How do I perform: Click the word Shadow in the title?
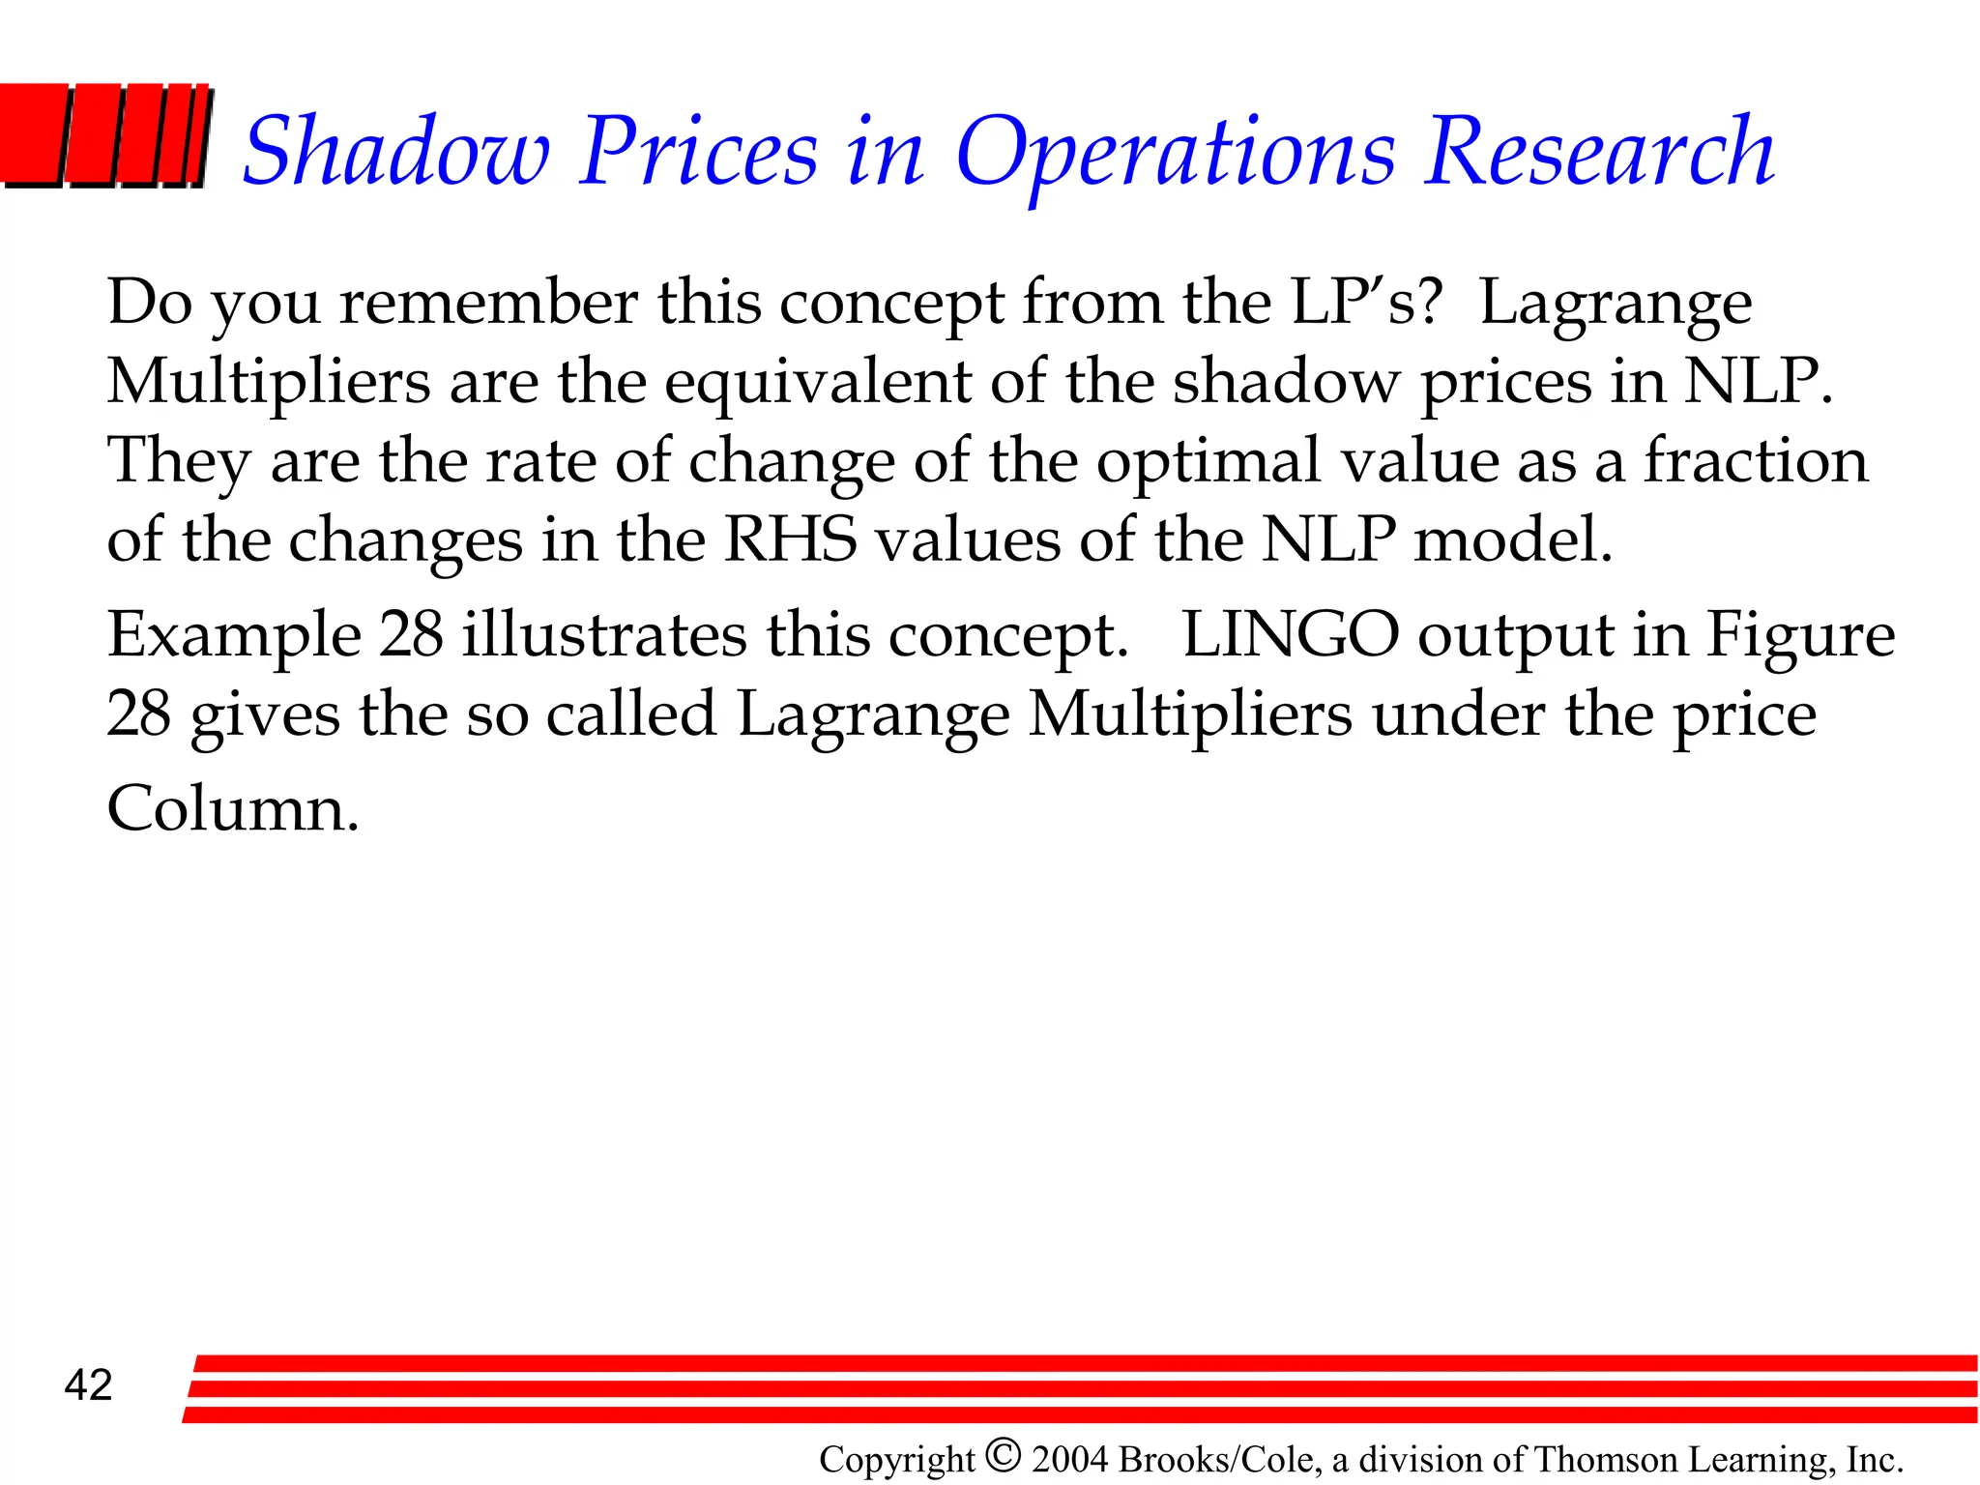(x=396, y=152)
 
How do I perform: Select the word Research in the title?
(x=1599, y=152)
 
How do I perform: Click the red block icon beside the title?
(x=104, y=135)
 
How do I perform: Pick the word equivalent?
(x=817, y=381)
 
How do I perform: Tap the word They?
(x=178, y=462)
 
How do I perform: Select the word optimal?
(x=1208, y=460)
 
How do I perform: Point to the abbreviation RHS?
(x=790, y=539)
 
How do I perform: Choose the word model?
(x=1513, y=539)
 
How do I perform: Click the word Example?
(x=234, y=636)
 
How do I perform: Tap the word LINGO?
(x=1291, y=635)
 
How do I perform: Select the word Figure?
(x=1799, y=636)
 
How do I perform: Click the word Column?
(x=232, y=809)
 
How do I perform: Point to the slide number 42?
(x=88, y=1385)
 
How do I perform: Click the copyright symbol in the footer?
(x=1004, y=1454)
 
